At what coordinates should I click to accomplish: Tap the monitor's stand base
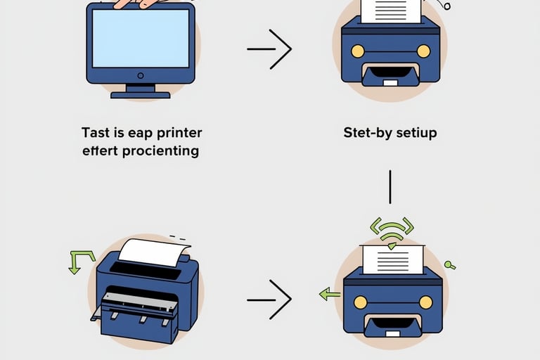click(141, 94)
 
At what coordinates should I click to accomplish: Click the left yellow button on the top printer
click(357, 51)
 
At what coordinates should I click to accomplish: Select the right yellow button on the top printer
click(423, 51)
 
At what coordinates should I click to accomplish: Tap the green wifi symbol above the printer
click(391, 229)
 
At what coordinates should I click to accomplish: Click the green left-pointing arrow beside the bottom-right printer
click(329, 294)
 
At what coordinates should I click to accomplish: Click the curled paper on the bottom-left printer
click(151, 252)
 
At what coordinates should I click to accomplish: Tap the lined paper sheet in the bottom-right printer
click(392, 260)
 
